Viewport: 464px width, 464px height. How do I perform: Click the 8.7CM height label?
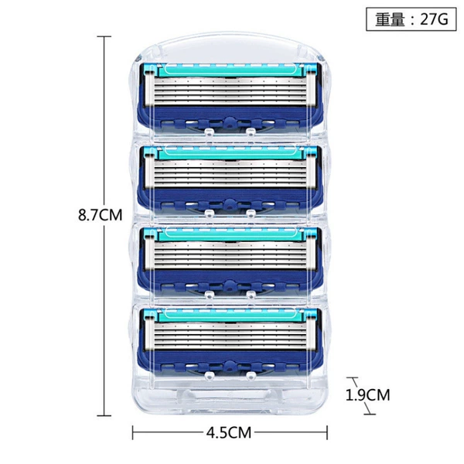tap(100, 214)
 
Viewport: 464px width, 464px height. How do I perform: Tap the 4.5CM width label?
tap(228, 432)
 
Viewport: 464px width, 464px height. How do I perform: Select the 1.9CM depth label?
tap(368, 394)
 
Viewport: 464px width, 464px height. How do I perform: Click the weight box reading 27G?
tap(411, 19)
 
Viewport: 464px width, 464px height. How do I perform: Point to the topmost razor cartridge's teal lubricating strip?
tap(230, 70)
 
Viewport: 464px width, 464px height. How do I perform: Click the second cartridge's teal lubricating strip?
tap(230, 153)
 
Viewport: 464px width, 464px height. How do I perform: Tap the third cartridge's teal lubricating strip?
tap(230, 234)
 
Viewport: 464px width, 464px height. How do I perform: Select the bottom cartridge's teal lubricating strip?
tap(230, 316)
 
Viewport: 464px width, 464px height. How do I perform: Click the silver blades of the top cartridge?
tap(230, 90)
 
